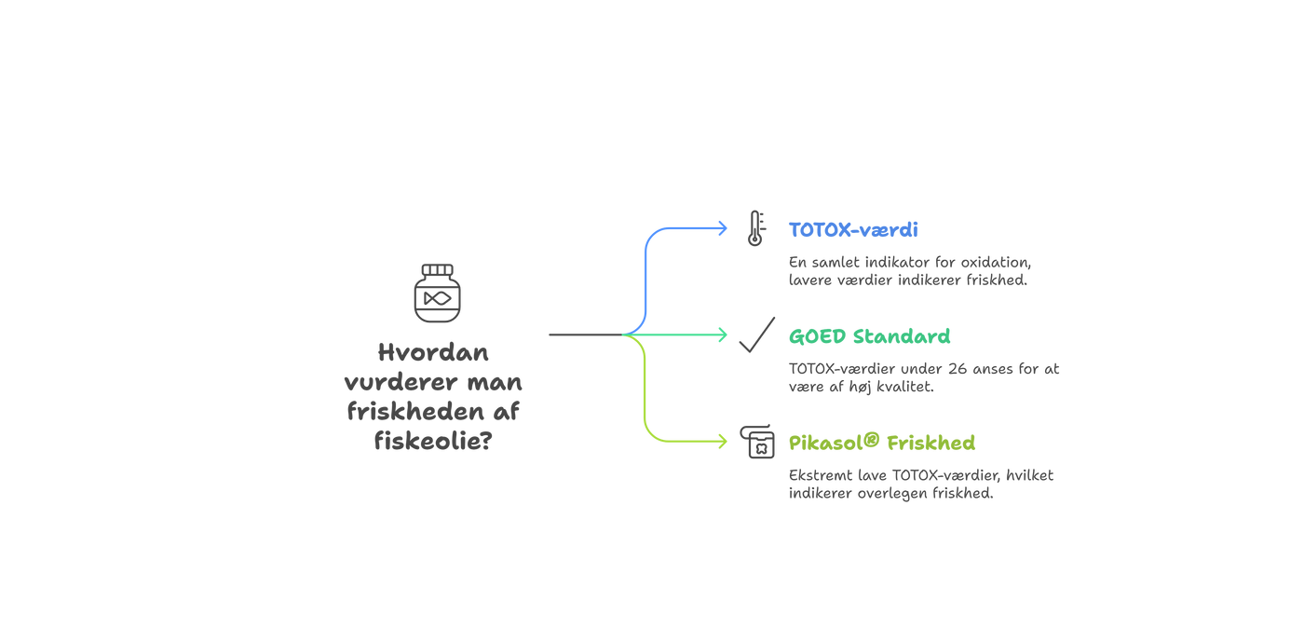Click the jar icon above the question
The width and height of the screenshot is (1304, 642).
(x=437, y=294)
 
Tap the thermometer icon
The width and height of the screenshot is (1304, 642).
(x=754, y=227)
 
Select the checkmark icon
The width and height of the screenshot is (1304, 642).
(x=756, y=335)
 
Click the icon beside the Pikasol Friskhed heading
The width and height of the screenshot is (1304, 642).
(x=756, y=441)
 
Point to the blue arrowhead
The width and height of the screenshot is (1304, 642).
(x=723, y=227)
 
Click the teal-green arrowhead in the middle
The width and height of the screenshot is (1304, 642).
(x=723, y=335)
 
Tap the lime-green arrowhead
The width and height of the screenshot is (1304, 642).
(x=723, y=442)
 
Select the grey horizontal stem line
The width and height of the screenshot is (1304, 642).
(x=583, y=334)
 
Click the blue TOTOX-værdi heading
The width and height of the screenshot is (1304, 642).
(x=852, y=229)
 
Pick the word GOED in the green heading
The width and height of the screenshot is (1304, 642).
(x=817, y=336)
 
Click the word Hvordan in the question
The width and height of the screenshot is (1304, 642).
(x=433, y=354)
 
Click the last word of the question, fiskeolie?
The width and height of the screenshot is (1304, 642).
(x=433, y=438)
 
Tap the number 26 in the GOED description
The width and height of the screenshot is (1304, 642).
(x=956, y=368)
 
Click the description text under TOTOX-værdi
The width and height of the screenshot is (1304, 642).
(x=908, y=271)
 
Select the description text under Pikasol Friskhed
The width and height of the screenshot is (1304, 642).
(x=920, y=485)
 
